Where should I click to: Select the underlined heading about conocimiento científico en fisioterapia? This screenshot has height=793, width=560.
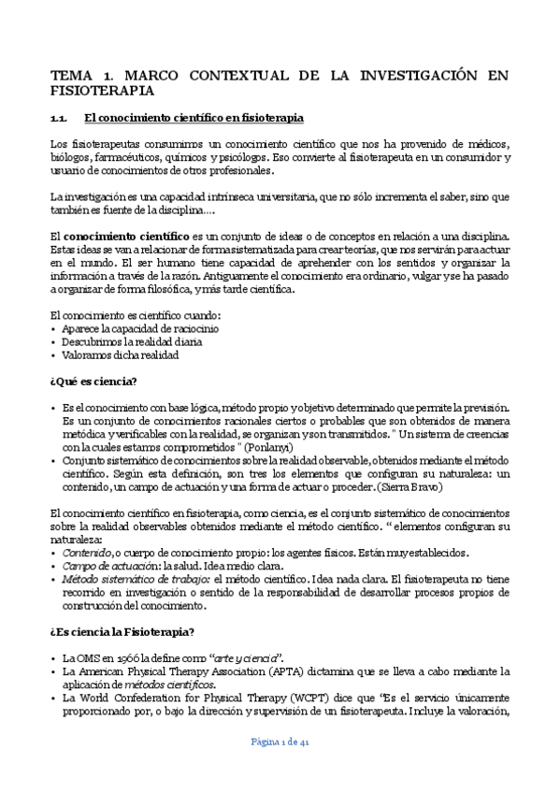(193, 118)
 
